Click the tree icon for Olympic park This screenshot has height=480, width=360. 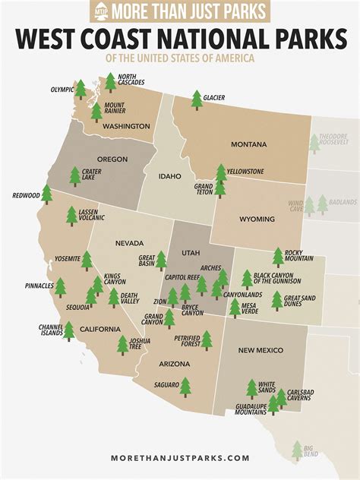coord(81,90)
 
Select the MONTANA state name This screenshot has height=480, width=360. coord(248,144)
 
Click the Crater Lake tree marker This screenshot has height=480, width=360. coord(75,176)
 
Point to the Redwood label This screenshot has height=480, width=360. coord(26,195)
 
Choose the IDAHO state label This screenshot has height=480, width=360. coord(169,176)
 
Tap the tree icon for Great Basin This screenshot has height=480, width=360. coord(161,261)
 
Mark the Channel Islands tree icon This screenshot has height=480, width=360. coord(68,330)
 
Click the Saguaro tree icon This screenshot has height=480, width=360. coord(185,387)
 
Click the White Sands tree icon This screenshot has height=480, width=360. coord(251,389)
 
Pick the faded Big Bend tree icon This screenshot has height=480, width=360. coord(297,451)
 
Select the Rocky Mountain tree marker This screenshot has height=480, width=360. coord(278,257)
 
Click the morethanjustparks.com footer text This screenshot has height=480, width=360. coord(180,458)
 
